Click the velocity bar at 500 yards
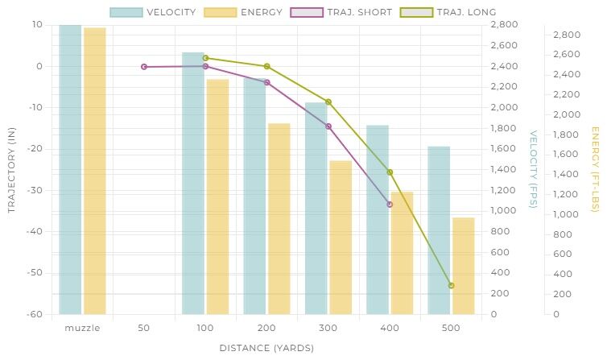[x=439, y=230]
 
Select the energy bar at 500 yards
[x=463, y=266]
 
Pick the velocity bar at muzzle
[x=70, y=169]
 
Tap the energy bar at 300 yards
[x=341, y=238]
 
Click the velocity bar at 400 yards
[x=378, y=219]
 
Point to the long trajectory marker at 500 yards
[x=451, y=285]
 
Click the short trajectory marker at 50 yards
[x=144, y=67]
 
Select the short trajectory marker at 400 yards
[x=390, y=205]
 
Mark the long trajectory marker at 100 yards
[x=205, y=58]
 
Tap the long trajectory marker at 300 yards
[x=328, y=101]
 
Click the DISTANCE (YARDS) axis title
[x=266, y=348]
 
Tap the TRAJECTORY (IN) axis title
[x=11, y=169]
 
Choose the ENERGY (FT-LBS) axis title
[x=595, y=169]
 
